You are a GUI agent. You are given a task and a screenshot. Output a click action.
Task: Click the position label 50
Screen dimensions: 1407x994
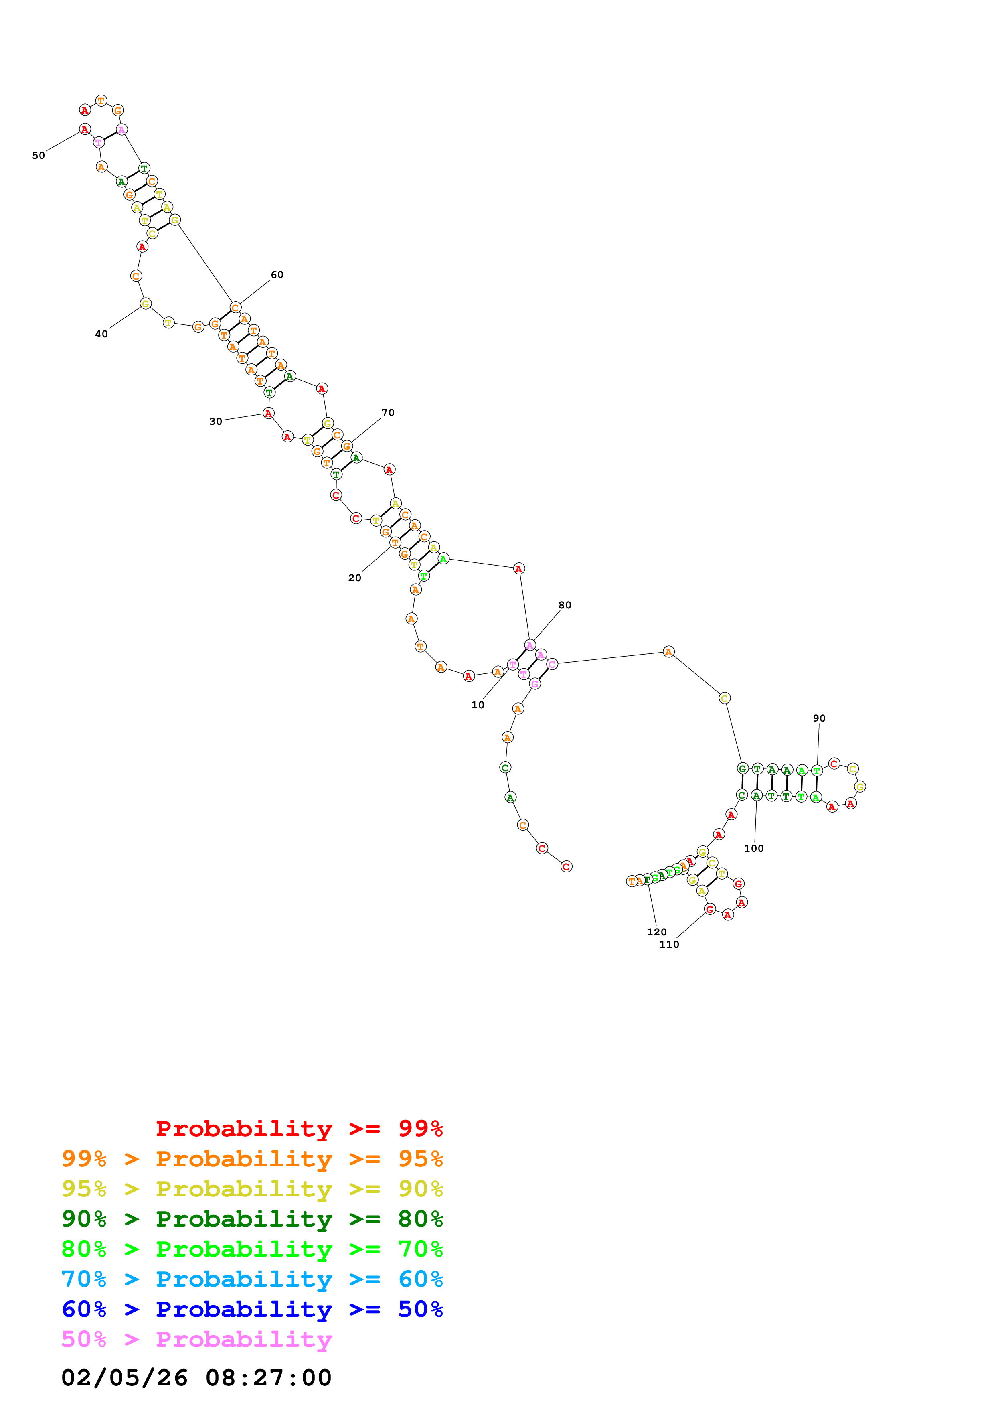(38, 156)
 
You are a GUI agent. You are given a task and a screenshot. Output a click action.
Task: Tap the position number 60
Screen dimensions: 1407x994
(277, 274)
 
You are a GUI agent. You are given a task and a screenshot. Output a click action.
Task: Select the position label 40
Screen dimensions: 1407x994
(101, 334)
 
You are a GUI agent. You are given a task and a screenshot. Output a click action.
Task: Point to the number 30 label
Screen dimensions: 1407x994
(216, 422)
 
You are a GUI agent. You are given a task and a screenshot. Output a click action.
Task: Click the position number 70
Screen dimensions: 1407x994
(388, 412)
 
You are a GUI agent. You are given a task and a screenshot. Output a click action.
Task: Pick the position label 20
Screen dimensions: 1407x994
(354, 578)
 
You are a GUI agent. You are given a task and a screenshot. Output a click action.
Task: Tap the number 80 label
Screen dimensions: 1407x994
(565, 605)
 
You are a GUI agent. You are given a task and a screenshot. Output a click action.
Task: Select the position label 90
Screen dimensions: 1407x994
(819, 718)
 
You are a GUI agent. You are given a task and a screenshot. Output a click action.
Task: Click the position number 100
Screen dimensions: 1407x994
(753, 849)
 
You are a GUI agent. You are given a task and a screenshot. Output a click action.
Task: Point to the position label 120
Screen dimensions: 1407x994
(656, 932)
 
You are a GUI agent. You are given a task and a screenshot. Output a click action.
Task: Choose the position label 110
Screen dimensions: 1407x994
(669, 944)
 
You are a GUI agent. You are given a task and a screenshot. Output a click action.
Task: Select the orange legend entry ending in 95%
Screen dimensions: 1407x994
(252, 1159)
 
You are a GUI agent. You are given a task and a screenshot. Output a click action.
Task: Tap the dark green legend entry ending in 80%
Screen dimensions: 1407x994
(252, 1219)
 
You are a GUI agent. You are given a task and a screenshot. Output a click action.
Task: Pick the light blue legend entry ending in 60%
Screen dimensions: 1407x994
(252, 1279)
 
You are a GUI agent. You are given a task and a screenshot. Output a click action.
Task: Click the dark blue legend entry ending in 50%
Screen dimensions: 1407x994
(252, 1309)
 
